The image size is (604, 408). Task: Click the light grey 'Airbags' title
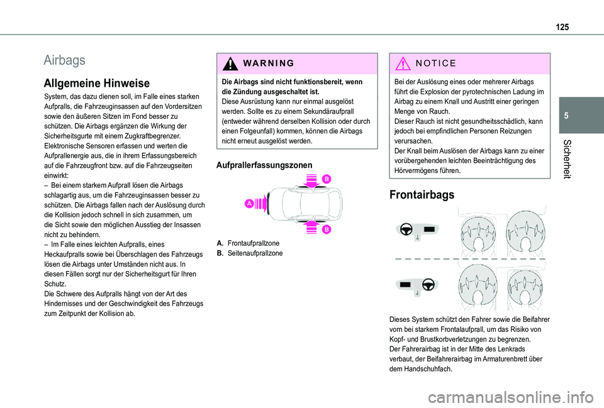65,60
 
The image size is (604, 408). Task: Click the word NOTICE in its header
432,64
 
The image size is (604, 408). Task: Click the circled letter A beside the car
250,203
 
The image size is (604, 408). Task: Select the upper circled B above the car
327,180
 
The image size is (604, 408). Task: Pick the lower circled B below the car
327,230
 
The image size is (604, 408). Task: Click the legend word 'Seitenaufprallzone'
255,253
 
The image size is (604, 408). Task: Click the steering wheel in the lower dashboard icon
428,284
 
